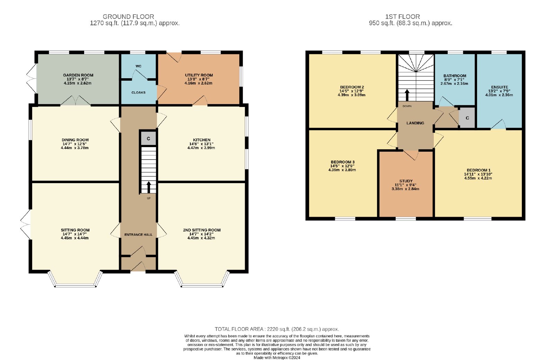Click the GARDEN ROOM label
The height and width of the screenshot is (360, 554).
pyautogui.click(x=78, y=75)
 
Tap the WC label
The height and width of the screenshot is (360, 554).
pyautogui.click(x=138, y=66)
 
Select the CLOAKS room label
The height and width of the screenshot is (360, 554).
pyautogui.click(x=138, y=92)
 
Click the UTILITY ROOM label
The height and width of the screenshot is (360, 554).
pyautogui.click(x=199, y=75)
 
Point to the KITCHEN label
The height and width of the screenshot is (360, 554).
pyautogui.click(x=202, y=140)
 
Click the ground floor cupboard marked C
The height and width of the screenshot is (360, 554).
pyautogui.click(x=149, y=138)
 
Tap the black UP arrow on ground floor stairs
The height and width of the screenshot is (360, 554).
pyautogui.click(x=149, y=187)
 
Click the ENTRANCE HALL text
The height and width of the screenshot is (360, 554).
pyautogui.click(x=138, y=235)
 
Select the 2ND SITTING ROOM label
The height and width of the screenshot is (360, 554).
pyautogui.click(x=202, y=230)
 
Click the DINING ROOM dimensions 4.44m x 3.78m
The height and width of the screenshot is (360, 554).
pyautogui.click(x=75, y=148)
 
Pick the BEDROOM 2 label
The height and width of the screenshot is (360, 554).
pyautogui.click(x=352, y=87)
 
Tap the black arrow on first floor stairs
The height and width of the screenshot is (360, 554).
pyautogui.click(x=407, y=95)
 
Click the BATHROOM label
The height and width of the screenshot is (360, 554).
pyautogui.click(x=455, y=76)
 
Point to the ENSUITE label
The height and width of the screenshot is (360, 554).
pyautogui.click(x=500, y=87)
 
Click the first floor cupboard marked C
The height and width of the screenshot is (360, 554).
pyautogui.click(x=467, y=118)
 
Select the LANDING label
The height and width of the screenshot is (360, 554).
pyautogui.click(x=415, y=123)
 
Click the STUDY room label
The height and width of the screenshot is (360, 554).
pyautogui.click(x=406, y=181)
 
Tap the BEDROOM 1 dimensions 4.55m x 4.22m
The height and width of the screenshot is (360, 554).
pyautogui.click(x=478, y=178)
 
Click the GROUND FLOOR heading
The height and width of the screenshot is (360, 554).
pyautogui.click(x=128, y=17)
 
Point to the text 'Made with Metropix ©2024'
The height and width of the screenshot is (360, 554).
pyautogui.click(x=277, y=358)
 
